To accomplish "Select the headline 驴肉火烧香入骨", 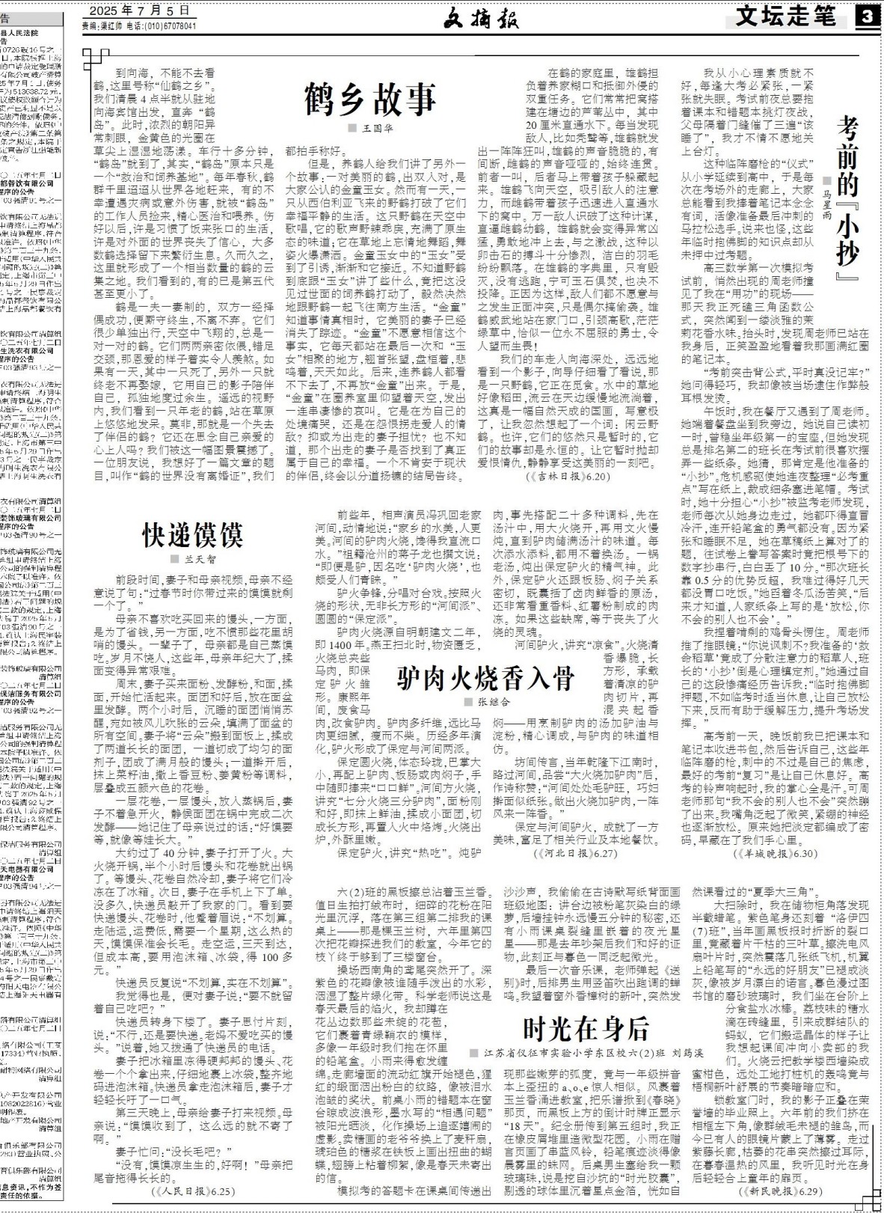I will point(485,678).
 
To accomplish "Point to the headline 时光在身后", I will point(585,1030).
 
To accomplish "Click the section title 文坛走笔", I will point(785,16).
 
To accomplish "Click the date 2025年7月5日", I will point(139,10).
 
